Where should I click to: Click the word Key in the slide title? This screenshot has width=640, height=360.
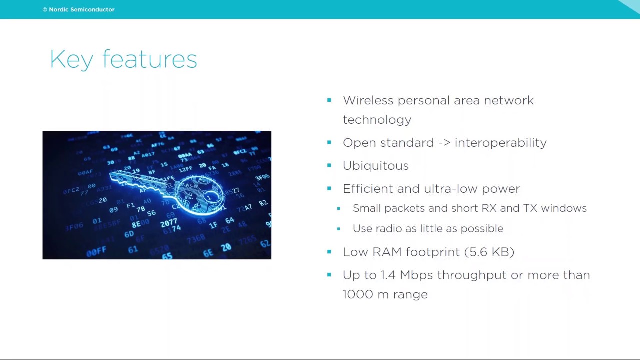[x=71, y=59]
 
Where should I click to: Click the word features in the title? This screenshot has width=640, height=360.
[x=149, y=59]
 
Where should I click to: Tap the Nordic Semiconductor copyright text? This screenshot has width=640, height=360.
[x=79, y=9]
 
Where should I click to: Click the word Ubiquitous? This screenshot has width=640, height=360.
[x=375, y=166]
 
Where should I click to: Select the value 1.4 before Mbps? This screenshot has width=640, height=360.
[x=388, y=275]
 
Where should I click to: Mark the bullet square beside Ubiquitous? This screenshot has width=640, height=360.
[x=329, y=165]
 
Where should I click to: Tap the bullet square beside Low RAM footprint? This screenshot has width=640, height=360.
[x=329, y=251]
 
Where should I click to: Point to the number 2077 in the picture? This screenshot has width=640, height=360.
[x=169, y=223]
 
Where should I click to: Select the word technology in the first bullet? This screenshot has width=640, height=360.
[x=377, y=120]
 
